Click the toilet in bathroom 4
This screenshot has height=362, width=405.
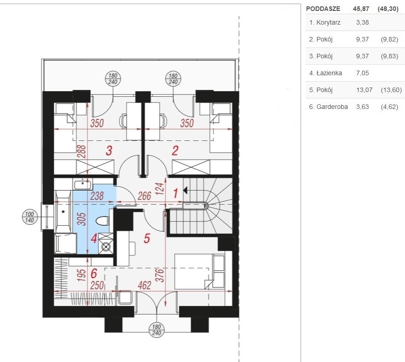point(103,221)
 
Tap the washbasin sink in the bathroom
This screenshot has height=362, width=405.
point(82,185)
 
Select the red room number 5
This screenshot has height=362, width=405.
point(147,238)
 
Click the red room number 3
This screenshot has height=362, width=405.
point(109,151)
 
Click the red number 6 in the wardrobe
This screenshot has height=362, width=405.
point(94,274)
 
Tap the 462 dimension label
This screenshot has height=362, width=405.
point(144,285)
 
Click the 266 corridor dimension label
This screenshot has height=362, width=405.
point(144,196)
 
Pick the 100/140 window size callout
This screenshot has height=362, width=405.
point(30,217)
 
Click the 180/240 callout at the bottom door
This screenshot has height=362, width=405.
point(156,330)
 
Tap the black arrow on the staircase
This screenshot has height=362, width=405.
point(185,191)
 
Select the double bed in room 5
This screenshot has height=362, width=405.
point(199,272)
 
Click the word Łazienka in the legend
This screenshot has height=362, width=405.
point(329,73)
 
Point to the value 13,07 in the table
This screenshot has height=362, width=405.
point(364,90)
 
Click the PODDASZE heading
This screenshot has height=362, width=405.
point(323,9)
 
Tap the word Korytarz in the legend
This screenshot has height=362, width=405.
point(328,22)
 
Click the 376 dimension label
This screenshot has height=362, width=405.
point(161,275)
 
